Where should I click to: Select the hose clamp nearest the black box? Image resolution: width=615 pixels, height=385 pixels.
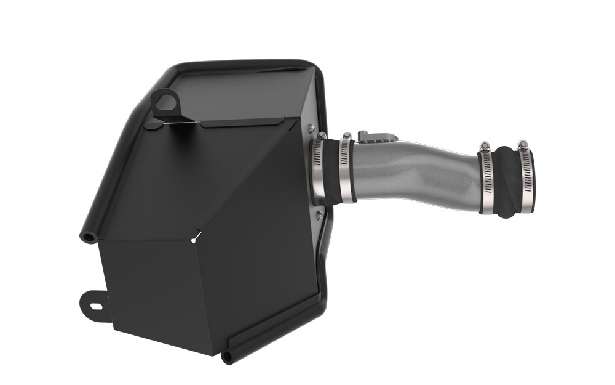click(319, 171)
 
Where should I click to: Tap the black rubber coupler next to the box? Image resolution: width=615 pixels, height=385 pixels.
click(333, 171)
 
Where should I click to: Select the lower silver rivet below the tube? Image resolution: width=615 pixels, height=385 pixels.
click(319, 214)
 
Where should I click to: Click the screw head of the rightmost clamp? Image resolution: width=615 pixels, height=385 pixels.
click(523, 145)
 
